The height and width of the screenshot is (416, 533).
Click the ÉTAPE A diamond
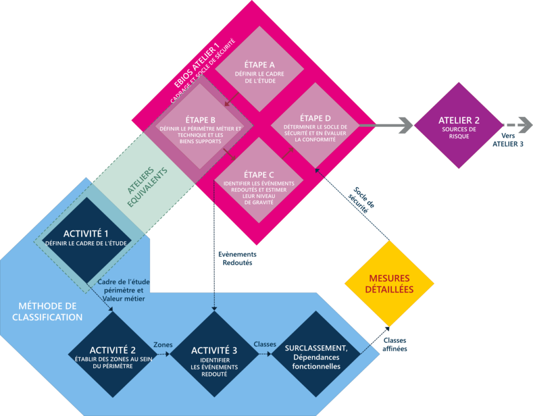click(x=260, y=69)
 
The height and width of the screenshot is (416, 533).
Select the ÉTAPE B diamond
click(x=200, y=126)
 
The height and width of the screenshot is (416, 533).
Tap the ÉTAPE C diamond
click(x=259, y=180)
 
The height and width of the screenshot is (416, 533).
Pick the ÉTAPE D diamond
click(x=315, y=125)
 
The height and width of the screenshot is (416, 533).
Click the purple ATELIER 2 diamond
click(x=459, y=125)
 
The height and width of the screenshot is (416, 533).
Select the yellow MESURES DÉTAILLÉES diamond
click(x=389, y=283)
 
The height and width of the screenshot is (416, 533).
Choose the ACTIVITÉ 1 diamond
click(x=86, y=240)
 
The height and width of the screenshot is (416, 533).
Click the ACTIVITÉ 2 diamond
click(x=112, y=354)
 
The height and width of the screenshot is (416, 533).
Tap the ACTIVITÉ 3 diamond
click(x=214, y=354)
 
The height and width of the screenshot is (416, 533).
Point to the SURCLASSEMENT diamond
click(x=316, y=354)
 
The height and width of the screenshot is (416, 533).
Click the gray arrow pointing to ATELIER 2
click(x=386, y=125)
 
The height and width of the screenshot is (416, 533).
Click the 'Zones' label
click(x=163, y=345)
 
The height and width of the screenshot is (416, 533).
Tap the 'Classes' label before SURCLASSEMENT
click(x=265, y=344)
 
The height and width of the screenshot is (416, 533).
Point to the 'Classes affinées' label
click(x=395, y=344)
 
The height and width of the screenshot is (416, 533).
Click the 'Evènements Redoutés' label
click(x=237, y=258)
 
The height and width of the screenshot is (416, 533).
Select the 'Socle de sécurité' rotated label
click(x=361, y=200)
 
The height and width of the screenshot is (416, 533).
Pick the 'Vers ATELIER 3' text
click(x=508, y=139)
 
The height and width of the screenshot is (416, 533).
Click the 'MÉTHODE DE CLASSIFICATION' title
click(x=47, y=311)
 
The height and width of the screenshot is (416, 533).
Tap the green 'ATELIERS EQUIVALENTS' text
click(x=147, y=187)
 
